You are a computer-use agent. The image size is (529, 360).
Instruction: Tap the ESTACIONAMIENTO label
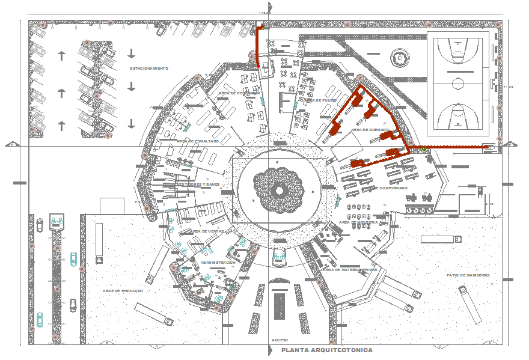tap(149, 69)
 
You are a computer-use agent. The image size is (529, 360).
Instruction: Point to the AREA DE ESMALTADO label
tap(198, 141)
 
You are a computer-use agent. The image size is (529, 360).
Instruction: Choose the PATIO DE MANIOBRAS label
tap(468, 275)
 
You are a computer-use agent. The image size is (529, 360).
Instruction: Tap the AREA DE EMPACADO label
tap(123, 290)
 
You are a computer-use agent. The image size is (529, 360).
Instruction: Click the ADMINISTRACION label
tap(218, 263)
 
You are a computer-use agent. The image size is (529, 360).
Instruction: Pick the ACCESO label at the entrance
tap(280, 340)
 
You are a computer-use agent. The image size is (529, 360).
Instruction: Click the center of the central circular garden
tap(280, 190)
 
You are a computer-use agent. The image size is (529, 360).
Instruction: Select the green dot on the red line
tap(424, 148)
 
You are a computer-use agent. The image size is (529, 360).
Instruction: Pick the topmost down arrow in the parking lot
tap(132, 53)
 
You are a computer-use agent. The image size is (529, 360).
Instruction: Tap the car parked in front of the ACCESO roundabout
tap(279, 258)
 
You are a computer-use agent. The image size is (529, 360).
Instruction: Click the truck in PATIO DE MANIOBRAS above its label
tap(441, 239)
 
